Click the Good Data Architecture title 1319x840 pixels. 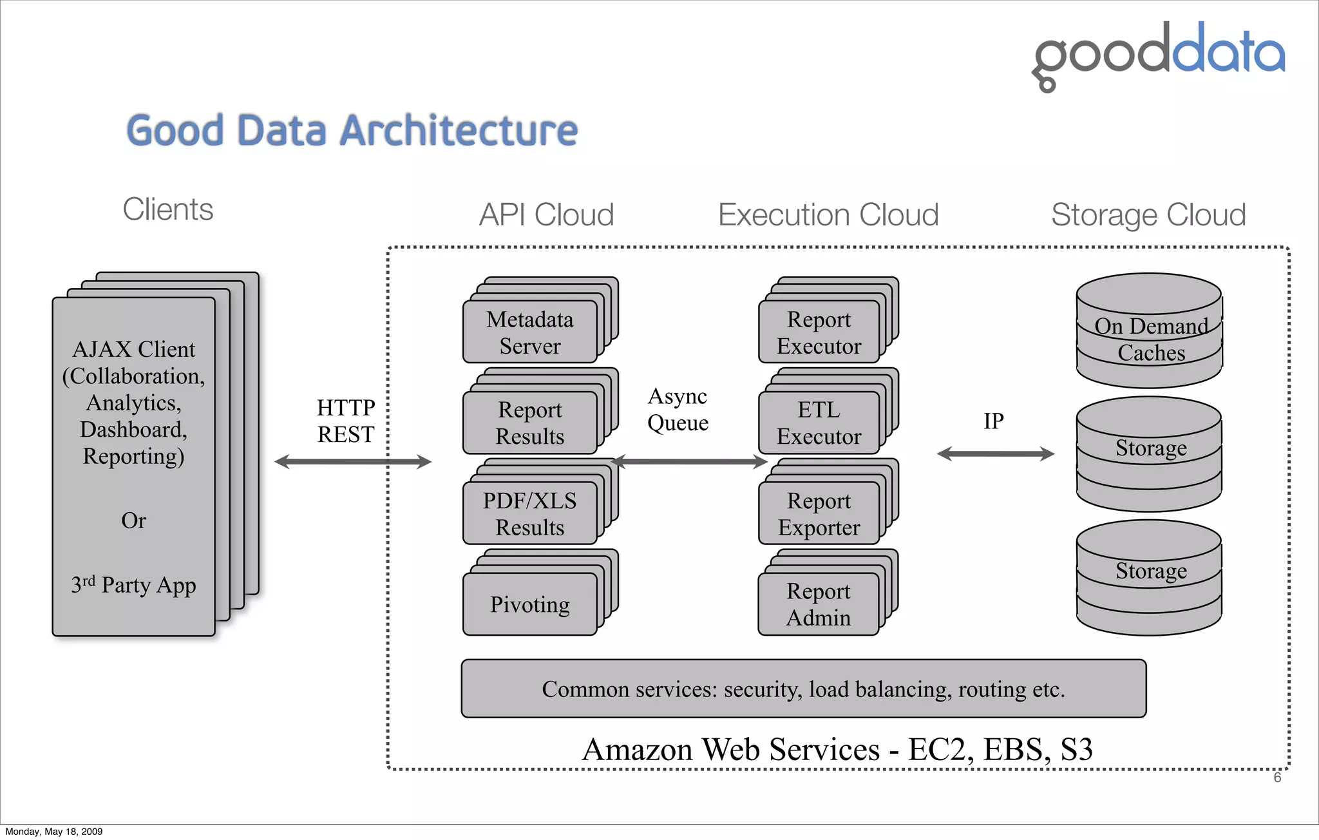tap(352, 130)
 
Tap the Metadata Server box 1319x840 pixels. tap(529, 332)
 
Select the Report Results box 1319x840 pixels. tap(529, 423)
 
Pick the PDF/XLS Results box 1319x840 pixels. tap(529, 514)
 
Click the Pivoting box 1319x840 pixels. tap(529, 604)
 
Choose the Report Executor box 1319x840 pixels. tap(819, 332)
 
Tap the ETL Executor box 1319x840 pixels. tap(819, 423)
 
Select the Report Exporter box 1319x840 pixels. tap(819, 514)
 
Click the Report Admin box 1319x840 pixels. tap(818, 604)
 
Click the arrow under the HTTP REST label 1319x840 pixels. tap(352, 461)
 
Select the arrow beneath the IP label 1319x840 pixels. tap(995, 454)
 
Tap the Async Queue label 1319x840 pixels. tap(678, 409)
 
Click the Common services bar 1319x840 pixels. tap(803, 689)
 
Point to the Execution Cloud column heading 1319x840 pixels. tap(828, 215)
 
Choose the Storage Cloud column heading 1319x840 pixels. tap(1148, 215)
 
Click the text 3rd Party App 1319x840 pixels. tap(133, 585)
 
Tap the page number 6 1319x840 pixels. tap(1277, 778)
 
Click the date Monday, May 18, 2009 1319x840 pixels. tap(54, 832)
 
